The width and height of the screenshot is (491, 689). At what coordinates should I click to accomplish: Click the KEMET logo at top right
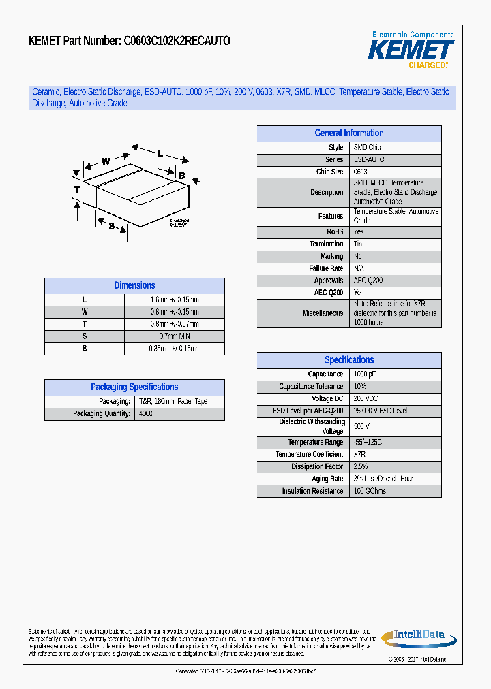[x=411, y=50]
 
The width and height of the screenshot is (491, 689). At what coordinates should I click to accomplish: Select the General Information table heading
[x=349, y=133]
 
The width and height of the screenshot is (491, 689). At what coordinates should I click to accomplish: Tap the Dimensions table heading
[x=134, y=286]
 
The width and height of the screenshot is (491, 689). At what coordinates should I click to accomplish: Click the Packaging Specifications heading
[x=134, y=387]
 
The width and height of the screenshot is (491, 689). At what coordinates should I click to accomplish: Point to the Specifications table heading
[x=349, y=360]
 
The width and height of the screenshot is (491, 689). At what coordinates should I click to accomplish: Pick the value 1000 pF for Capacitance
[x=364, y=374]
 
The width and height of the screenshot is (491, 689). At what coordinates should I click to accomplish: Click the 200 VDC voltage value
[x=366, y=399]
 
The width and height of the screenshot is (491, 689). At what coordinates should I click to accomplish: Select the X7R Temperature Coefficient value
[x=359, y=454]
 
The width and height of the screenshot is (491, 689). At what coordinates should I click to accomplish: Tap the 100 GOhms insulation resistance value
[x=369, y=491]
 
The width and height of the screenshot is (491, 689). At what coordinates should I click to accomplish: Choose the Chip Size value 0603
[x=360, y=172]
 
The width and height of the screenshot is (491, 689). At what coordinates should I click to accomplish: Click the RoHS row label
[x=336, y=232]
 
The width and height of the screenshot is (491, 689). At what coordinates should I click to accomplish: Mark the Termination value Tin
[x=357, y=244]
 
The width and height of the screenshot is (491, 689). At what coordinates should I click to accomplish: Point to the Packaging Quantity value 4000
[x=145, y=414]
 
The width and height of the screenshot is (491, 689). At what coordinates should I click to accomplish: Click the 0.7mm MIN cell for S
[x=175, y=336]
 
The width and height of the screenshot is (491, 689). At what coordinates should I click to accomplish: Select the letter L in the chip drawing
[x=160, y=154]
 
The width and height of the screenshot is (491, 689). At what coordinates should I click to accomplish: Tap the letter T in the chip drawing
[x=77, y=189]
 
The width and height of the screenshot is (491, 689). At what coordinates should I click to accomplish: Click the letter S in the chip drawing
[x=111, y=225]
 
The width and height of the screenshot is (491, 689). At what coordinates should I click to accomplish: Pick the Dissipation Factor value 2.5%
[x=360, y=466]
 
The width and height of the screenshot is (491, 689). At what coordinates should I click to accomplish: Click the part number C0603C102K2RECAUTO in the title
[x=177, y=41]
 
